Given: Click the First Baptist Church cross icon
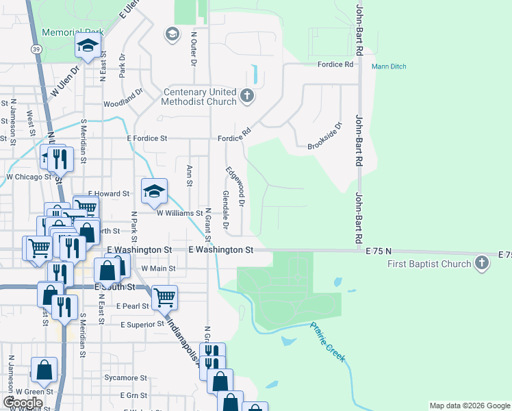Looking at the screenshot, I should tap(482, 264).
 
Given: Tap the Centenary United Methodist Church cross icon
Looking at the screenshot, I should tap(247, 97).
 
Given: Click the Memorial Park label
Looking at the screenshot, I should tap(73, 32).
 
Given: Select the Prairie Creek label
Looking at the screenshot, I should tap(328, 342).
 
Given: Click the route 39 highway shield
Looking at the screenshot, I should tap(36, 49).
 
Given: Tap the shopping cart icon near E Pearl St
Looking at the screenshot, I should tap(165, 297).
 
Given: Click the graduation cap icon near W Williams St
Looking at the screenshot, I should tap(155, 191).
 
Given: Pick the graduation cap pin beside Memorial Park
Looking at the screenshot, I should tap(88, 46).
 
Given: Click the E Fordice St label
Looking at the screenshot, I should tap(146, 138).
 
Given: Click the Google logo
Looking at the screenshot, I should tap(23, 402).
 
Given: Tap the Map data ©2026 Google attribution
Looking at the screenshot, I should tap(469, 406).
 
